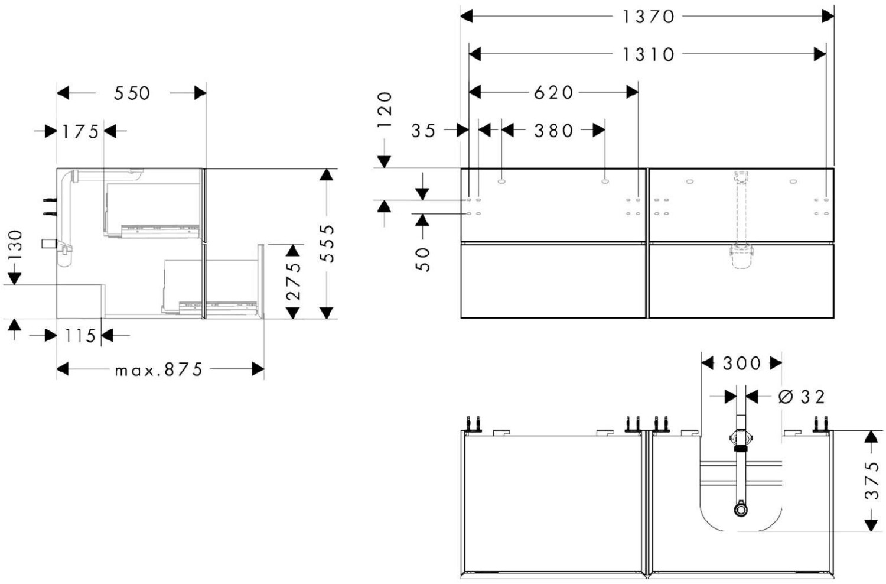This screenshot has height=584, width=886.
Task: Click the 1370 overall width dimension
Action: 648,17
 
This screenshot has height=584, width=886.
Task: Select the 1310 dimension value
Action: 648,54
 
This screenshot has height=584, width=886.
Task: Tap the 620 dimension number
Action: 553,92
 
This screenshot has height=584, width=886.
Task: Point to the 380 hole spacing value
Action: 553,130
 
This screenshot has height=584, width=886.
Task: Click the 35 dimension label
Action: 423,130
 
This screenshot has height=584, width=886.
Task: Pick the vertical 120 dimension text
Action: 385,110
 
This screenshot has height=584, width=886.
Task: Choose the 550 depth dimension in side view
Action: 132,93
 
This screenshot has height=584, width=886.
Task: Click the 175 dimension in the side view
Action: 80,131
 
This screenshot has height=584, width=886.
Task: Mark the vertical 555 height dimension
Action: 327,242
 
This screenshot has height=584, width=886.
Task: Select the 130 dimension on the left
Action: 14,245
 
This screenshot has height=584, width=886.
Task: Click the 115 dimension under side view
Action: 80,336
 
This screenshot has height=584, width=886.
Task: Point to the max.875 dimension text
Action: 159,369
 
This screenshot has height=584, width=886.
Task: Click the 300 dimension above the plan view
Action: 742,363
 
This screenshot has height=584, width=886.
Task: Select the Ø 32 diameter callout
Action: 802,397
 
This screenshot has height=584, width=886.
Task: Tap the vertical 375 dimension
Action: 872,480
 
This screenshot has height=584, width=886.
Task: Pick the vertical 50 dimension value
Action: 423,259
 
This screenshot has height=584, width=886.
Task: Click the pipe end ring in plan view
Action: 741,508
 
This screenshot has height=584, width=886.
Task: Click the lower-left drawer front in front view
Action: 553,280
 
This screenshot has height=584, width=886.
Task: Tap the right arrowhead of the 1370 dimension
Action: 828,17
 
